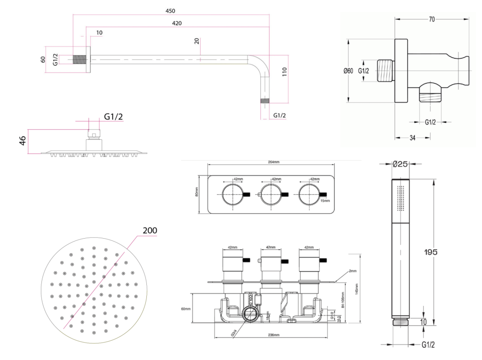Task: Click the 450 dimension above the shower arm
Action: click(170, 11)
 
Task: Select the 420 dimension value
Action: click(177, 23)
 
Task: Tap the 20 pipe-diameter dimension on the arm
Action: click(197, 41)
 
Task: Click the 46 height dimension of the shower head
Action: click(22, 141)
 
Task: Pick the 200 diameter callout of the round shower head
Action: click(149, 230)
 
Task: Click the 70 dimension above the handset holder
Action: click(432, 19)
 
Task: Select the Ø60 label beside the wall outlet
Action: click(348, 71)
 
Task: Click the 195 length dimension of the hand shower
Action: click(430, 252)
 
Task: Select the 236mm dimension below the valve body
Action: click(273, 335)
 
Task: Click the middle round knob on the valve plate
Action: click(270, 194)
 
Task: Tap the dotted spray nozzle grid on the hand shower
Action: click(401, 197)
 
